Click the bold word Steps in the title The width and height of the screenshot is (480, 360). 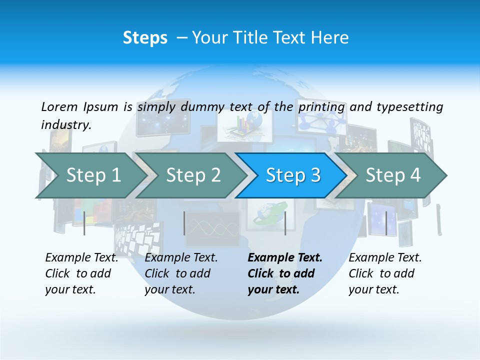click(x=145, y=38)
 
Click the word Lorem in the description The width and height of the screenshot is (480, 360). click(x=58, y=106)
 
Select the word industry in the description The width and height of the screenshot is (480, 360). click(x=66, y=125)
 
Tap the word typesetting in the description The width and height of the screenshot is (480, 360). click(x=409, y=107)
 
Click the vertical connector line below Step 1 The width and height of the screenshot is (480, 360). click(x=84, y=223)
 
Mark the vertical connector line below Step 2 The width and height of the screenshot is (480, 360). click(x=184, y=223)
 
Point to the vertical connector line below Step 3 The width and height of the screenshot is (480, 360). click(x=285, y=223)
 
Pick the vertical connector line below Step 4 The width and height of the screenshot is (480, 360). click(x=386, y=223)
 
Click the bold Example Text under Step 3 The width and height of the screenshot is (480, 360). click(x=285, y=258)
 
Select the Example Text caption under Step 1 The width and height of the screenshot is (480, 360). click(x=81, y=258)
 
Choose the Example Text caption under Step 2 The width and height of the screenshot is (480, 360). click(x=181, y=258)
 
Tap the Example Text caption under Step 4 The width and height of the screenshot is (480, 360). click(x=385, y=258)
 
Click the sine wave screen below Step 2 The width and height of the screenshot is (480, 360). click(x=212, y=229)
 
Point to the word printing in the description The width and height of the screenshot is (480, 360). click(x=321, y=107)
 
